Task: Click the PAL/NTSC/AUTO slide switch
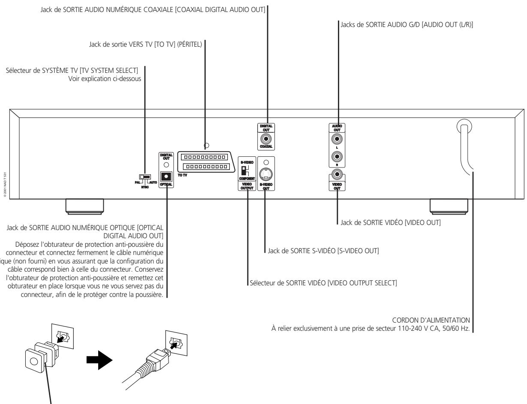[145, 176]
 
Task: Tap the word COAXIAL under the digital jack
[268, 147]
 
